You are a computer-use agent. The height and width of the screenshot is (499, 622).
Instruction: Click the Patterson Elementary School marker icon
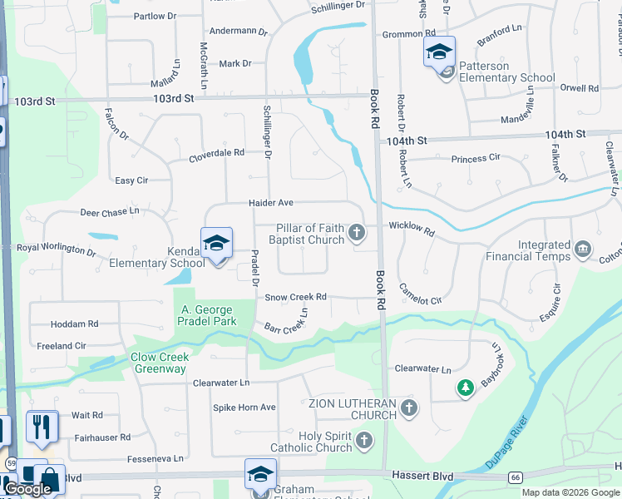(x=439, y=52)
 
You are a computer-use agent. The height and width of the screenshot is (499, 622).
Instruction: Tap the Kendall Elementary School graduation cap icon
(x=216, y=244)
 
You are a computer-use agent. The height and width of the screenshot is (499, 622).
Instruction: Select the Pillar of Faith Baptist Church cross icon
(x=357, y=232)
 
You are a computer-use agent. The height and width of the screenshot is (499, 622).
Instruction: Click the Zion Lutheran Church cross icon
(x=408, y=408)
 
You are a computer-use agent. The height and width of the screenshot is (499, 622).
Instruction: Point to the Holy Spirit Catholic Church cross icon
(x=363, y=440)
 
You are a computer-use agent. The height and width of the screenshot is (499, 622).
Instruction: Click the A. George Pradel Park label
(x=209, y=315)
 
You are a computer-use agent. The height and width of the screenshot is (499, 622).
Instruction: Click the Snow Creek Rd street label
(x=295, y=297)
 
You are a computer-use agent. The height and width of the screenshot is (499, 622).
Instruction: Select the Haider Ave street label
(x=271, y=203)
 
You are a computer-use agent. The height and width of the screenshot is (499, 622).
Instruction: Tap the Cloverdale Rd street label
(x=216, y=153)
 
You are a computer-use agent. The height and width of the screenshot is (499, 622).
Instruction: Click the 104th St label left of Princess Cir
(x=406, y=142)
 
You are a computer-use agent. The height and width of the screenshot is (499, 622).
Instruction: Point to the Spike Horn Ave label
(x=244, y=408)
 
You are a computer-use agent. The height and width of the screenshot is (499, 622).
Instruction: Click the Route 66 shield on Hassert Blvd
(x=516, y=477)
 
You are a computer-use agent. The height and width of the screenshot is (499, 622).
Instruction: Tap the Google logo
(x=28, y=489)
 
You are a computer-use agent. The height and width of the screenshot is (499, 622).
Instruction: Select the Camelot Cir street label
(x=420, y=294)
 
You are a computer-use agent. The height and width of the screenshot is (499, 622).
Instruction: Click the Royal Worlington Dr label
(x=57, y=249)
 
